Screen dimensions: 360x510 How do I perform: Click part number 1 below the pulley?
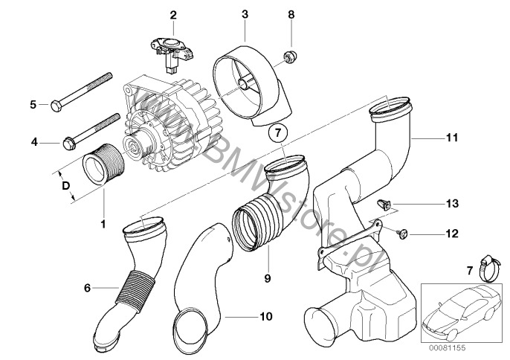[x=103, y=223]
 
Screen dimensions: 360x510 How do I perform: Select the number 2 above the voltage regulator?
[x=173, y=14]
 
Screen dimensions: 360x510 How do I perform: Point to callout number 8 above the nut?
[x=291, y=14]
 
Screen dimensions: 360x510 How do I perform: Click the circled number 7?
[x=276, y=135]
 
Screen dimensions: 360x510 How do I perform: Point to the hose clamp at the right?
[x=480, y=263]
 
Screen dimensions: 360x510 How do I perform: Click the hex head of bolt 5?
[x=58, y=103]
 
